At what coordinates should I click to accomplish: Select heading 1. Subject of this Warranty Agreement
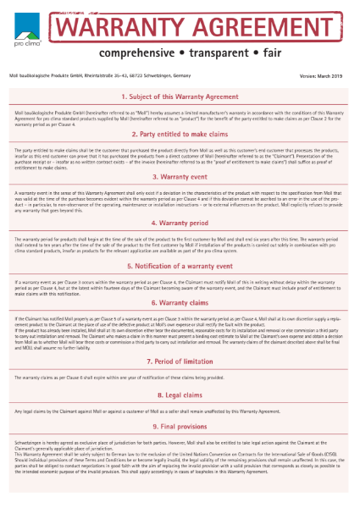click(179, 97)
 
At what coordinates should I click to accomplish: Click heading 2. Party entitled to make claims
click(179, 135)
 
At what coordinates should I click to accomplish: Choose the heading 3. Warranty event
click(179, 177)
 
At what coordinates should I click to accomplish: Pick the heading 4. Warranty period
click(179, 224)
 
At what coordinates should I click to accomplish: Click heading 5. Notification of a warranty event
click(179, 265)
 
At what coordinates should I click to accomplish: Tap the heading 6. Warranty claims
click(179, 302)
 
